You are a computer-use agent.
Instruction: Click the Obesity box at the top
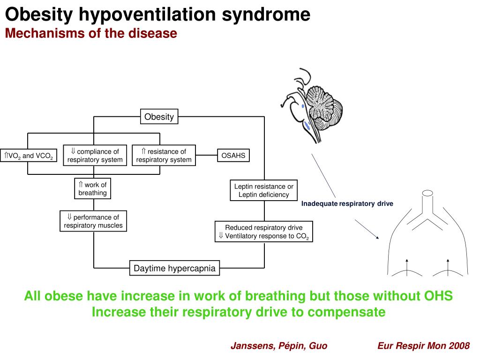(x=159, y=117)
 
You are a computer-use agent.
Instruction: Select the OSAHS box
(x=233, y=155)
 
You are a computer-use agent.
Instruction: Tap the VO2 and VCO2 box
(x=29, y=156)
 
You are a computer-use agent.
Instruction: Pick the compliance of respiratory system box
(x=95, y=156)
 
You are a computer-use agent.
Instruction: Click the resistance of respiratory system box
(x=164, y=156)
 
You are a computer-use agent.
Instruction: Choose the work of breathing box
(x=93, y=188)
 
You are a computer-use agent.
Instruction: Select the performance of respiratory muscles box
(x=93, y=221)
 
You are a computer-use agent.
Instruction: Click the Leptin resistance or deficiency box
(x=263, y=190)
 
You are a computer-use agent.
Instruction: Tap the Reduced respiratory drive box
(x=263, y=232)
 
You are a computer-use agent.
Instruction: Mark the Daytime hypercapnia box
(x=174, y=269)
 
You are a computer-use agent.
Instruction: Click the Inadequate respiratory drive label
(x=347, y=203)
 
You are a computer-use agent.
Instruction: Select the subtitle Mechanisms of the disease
(x=91, y=34)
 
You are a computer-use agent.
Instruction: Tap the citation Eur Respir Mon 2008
(x=423, y=346)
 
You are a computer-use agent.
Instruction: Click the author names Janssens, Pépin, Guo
(x=279, y=346)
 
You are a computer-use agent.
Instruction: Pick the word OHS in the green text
(x=438, y=296)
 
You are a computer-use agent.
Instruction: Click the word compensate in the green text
(x=347, y=312)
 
